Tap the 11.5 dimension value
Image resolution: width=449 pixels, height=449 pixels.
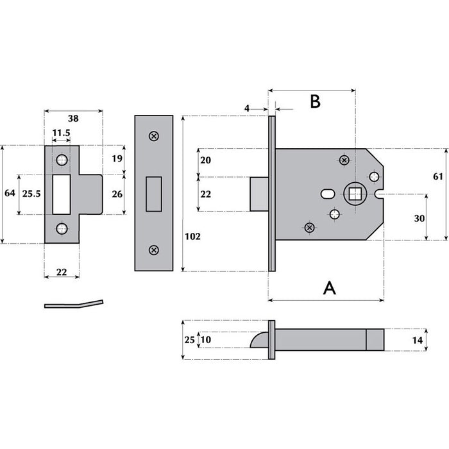click(62, 133)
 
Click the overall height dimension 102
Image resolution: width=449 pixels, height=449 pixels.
click(192, 236)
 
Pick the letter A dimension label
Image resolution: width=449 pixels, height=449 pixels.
click(329, 288)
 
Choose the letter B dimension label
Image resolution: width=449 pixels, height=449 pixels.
click(315, 101)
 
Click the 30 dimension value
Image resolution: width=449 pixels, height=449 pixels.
click(419, 218)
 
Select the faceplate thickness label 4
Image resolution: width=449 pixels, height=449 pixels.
click(247, 108)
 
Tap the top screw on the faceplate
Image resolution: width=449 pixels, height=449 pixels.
click(153, 136)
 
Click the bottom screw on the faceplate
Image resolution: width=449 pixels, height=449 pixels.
click(153, 250)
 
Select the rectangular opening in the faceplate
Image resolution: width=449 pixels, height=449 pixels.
click(154, 193)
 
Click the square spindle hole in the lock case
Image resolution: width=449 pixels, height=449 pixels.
click(353, 192)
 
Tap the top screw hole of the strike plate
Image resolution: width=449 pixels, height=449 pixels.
click(62, 159)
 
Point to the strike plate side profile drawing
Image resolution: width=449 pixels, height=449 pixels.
click(74, 303)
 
